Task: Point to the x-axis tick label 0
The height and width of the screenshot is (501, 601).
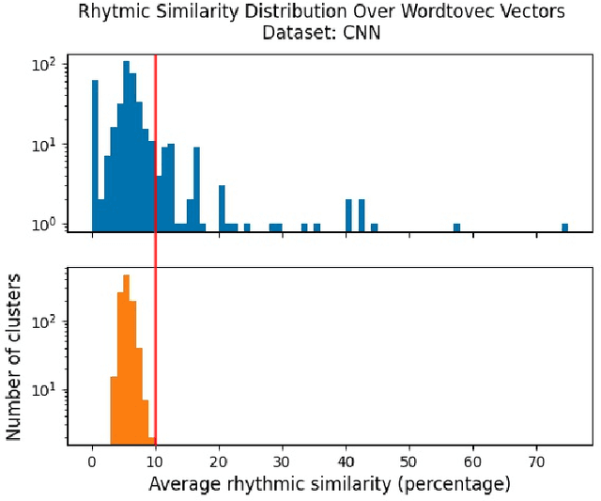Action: point(92,463)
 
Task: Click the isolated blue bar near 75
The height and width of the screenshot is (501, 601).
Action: point(565,227)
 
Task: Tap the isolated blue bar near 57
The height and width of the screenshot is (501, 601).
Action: point(456,227)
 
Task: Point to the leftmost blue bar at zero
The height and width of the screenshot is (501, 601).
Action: point(95,155)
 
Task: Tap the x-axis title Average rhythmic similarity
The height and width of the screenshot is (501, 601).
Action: point(329,485)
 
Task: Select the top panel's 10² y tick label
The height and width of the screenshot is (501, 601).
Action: point(44,65)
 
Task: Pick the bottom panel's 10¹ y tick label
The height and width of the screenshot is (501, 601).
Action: point(44,389)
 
